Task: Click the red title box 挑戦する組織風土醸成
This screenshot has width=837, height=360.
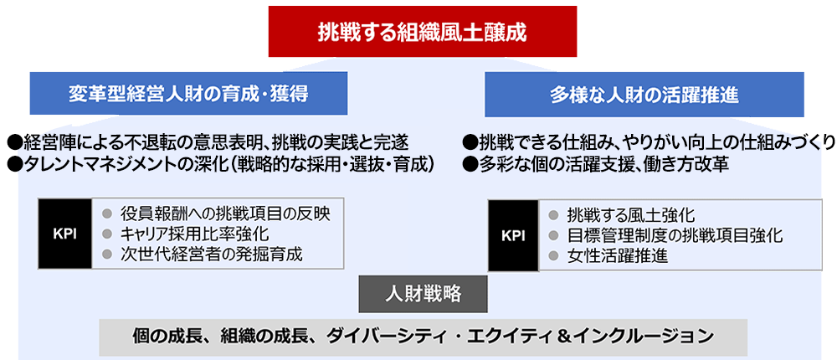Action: [x=422, y=33]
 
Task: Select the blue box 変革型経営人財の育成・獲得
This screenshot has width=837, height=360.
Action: [x=188, y=94]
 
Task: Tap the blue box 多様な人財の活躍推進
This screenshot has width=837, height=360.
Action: [x=644, y=94]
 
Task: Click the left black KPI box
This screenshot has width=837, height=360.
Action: [x=64, y=234]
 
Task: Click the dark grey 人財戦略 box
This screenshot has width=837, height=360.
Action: [x=423, y=295]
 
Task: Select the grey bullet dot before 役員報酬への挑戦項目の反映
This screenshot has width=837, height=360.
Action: [x=107, y=213]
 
